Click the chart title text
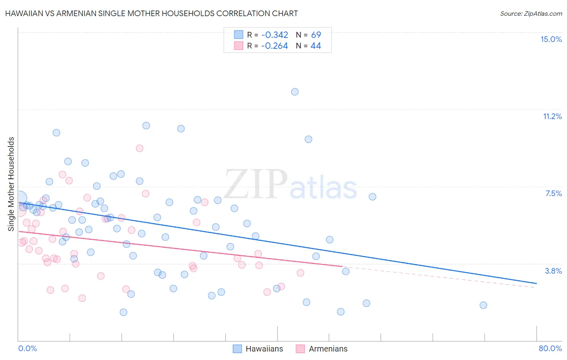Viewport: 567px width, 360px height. click(152, 13)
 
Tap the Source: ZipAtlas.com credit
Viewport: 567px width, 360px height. click(531, 13)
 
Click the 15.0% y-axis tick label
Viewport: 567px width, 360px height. click(551, 39)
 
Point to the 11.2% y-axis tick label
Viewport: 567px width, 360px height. click(552, 116)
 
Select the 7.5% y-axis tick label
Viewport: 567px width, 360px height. click(553, 193)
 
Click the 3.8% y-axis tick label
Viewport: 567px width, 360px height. click(553, 271)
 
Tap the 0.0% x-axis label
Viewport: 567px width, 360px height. click(27, 348)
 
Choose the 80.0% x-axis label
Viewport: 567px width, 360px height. click(550, 348)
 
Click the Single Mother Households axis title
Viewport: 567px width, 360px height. click(11, 184)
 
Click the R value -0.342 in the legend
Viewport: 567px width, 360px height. click(275, 35)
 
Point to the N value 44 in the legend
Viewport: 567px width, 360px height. click(316, 46)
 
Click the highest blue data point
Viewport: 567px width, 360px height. click(295, 92)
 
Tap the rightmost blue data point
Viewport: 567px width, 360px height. click(483, 305)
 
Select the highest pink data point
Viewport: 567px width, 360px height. click(140, 148)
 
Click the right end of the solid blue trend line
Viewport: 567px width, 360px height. click(536, 283)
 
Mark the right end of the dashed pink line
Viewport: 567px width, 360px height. click(536, 287)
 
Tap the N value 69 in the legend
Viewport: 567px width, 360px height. click(316, 35)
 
